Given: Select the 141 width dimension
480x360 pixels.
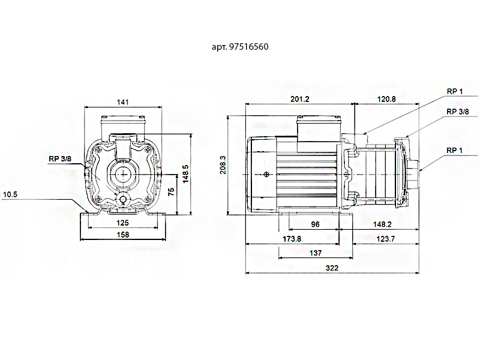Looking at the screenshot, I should coord(123,103).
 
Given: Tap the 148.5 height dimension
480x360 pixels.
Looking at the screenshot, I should coord(186,174).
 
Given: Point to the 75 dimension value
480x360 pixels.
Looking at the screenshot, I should coord(172,193).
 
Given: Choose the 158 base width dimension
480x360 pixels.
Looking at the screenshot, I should coord(123,235).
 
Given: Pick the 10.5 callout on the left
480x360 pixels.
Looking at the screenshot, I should coord(10,194).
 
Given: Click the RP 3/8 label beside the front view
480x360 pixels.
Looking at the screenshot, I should coord(60,159).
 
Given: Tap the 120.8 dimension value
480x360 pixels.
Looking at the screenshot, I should coord(385,100).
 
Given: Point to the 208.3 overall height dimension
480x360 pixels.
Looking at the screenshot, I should coord(223,166).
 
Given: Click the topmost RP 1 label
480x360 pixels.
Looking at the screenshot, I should coord(455,91).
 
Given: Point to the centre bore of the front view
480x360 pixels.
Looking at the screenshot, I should coord(123,174).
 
